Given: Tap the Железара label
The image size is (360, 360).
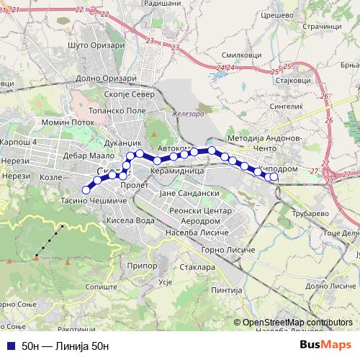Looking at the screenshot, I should point(189,114).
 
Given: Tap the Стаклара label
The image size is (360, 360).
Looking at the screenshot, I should point(193,267).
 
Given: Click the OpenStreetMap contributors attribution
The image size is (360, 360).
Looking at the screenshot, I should point(297,322).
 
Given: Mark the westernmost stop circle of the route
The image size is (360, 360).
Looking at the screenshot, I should point(86,189).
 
